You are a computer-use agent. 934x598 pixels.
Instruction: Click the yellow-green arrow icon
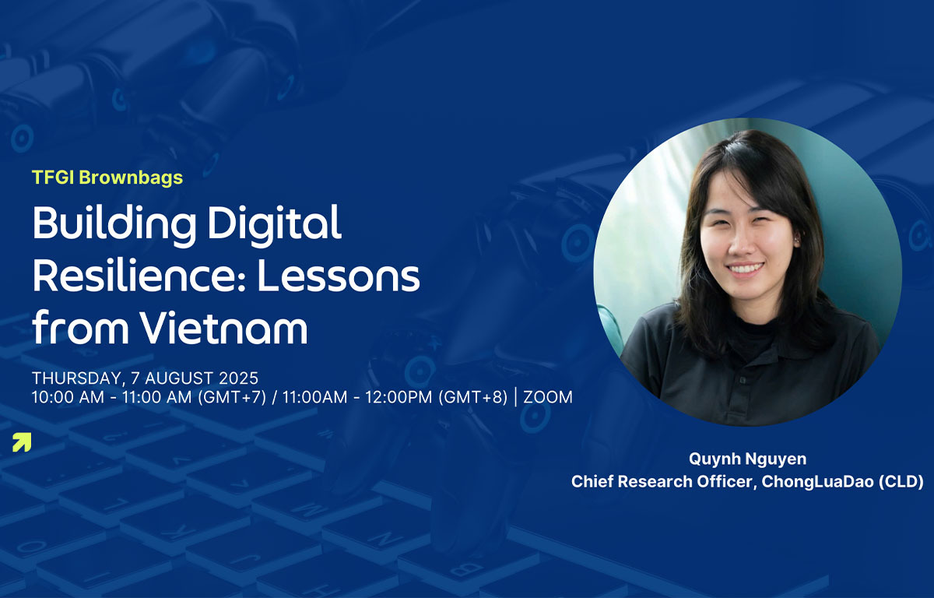22,442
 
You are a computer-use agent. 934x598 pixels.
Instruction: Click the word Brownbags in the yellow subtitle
131,178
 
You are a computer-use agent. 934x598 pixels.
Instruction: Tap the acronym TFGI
53,178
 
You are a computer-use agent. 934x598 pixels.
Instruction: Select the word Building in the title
114,223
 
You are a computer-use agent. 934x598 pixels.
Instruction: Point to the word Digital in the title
274,223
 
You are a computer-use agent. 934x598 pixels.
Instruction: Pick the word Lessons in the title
338,276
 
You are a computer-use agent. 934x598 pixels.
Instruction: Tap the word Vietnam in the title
224,328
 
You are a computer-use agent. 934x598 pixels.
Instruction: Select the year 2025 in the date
238,378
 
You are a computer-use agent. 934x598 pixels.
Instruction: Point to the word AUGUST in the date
179,378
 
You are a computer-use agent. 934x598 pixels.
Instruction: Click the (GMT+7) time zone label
232,397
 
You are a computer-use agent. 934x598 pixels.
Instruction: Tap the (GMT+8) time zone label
473,397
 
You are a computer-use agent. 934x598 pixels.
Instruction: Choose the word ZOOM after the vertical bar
548,397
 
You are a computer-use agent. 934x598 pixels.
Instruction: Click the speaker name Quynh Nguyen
747,459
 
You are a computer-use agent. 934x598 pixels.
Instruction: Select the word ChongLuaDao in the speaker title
817,482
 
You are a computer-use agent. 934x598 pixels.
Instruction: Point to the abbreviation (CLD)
901,482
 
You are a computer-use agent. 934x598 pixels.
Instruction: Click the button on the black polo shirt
743,380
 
